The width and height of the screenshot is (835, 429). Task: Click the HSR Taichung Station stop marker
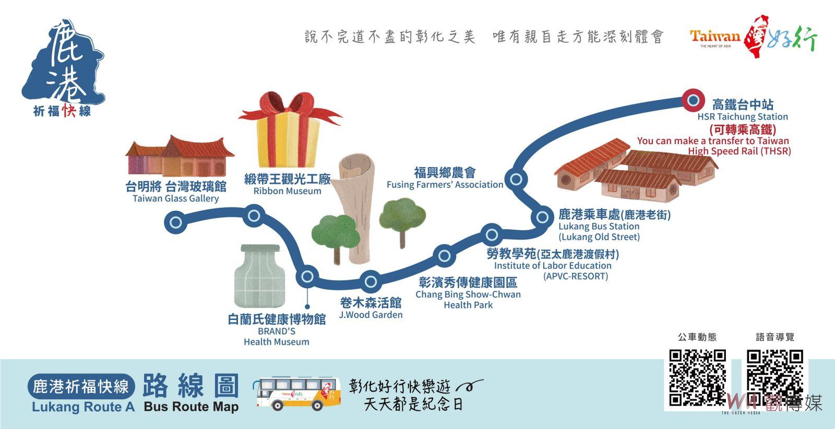(x=693, y=100)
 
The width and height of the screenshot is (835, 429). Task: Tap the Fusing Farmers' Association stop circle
(x=516, y=180)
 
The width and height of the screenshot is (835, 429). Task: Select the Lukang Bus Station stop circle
(x=542, y=217)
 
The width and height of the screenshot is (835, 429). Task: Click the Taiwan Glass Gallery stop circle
(x=175, y=222)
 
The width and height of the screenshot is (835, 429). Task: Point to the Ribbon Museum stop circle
(x=254, y=216)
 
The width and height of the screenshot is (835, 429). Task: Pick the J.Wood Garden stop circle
(x=371, y=281)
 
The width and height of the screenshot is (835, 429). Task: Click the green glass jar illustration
(x=260, y=276)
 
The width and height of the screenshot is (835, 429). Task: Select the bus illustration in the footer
(x=297, y=393)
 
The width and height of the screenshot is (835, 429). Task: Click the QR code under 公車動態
(x=697, y=377)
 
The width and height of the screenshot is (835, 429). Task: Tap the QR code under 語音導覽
(x=774, y=377)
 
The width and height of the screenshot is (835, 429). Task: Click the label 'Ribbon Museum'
(x=287, y=191)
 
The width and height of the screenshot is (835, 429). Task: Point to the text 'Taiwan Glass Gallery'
(x=175, y=198)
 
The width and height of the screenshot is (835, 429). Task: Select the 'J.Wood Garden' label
(x=371, y=315)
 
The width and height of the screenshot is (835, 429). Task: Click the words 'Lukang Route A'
(x=83, y=407)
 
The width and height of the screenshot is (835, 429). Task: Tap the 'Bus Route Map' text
(x=191, y=406)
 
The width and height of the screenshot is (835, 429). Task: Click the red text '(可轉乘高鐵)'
(x=743, y=130)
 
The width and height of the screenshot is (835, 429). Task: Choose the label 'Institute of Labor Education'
(x=553, y=265)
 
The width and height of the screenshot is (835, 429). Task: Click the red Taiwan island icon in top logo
(x=755, y=36)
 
